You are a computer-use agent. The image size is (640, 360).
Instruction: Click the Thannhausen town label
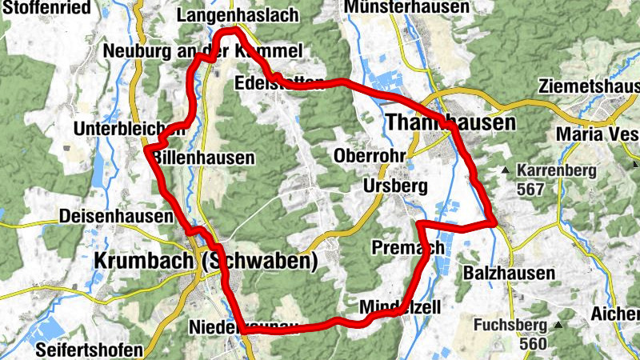(x=450, y=122)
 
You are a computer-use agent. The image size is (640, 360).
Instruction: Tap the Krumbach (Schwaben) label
(x=206, y=261)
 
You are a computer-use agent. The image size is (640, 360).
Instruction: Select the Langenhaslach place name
(x=238, y=15)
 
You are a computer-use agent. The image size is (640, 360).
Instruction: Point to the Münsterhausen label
(x=407, y=6)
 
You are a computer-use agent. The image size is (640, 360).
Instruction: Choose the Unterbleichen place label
(x=118, y=130)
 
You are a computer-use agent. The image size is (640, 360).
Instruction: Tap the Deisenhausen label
(x=115, y=217)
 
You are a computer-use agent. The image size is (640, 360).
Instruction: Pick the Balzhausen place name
(x=509, y=274)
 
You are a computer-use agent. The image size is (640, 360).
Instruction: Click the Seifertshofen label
(x=90, y=350)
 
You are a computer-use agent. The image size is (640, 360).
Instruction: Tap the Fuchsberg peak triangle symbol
(x=558, y=325)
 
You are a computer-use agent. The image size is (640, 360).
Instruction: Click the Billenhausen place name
(x=203, y=158)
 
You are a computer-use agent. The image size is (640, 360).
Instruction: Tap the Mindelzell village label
(x=400, y=307)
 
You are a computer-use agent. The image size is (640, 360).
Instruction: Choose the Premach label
(x=408, y=248)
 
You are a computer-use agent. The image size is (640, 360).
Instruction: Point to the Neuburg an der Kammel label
(x=203, y=52)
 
